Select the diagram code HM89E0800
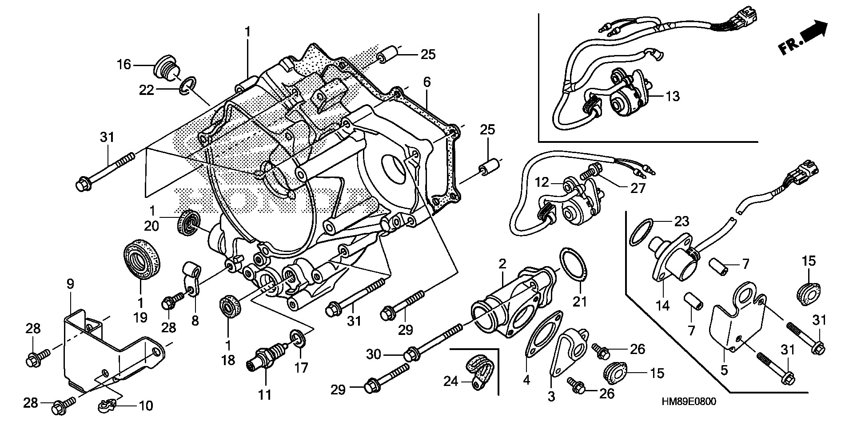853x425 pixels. (688, 401)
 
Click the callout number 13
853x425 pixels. (673, 96)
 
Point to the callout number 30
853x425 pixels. (374, 354)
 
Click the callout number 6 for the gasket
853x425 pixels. (426, 82)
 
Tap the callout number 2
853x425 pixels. (502, 264)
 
